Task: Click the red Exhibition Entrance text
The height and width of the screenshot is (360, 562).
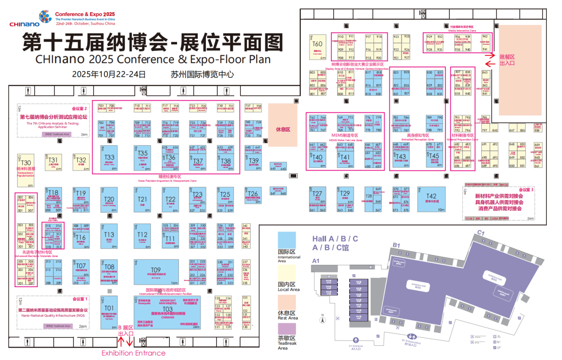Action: point(134,353)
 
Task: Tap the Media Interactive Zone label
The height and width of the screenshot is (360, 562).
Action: point(462,31)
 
